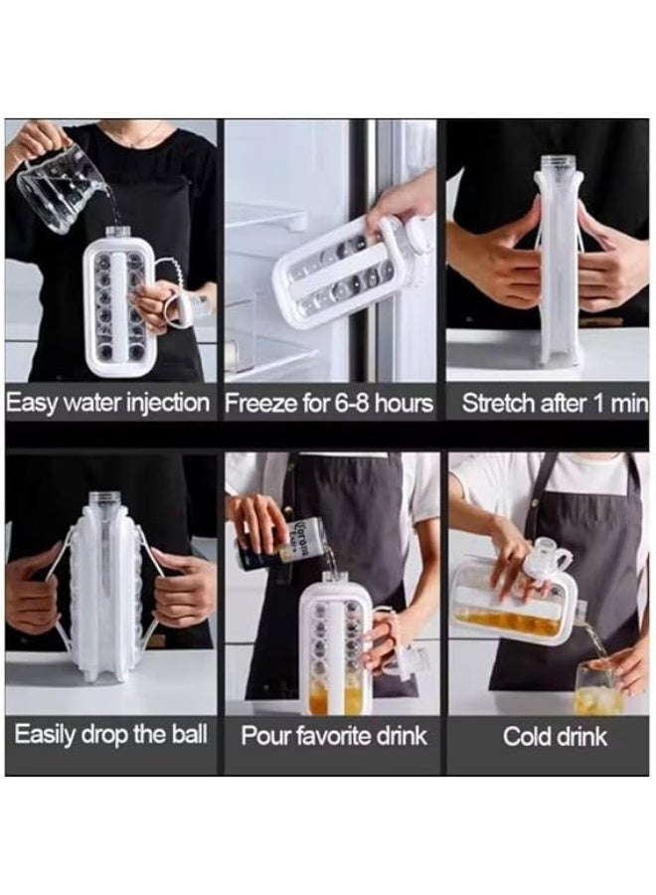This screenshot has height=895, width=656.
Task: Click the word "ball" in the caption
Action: (190, 734)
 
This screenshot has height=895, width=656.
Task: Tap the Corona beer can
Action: (278, 545)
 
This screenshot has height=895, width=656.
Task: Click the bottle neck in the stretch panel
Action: (558, 165)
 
